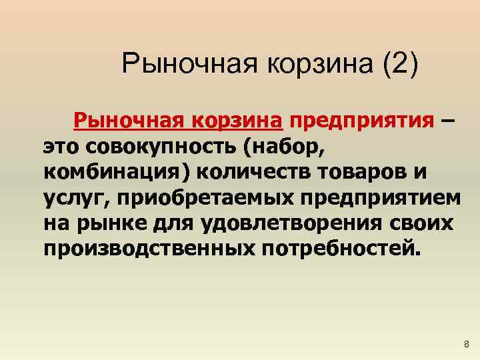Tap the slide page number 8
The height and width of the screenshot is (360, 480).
pyautogui.click(x=465, y=344)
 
